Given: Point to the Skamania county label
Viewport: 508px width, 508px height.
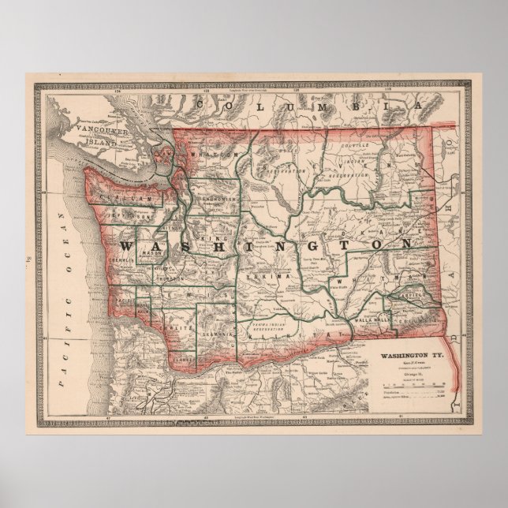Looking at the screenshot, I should pos(213,334).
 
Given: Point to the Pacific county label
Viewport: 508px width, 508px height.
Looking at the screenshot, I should pos(124,301).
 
